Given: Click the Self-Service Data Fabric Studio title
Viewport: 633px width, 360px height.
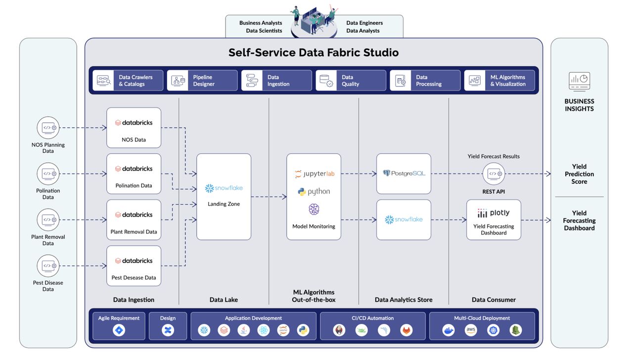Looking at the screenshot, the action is tap(314, 52).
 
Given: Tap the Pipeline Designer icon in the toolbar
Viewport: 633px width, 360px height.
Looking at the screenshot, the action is tap(178, 81).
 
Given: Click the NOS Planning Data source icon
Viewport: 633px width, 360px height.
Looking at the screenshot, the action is tap(48, 128).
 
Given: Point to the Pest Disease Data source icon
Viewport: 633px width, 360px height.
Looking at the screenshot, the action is tap(48, 266).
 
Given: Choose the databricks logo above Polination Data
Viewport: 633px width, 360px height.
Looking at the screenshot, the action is tap(134, 169).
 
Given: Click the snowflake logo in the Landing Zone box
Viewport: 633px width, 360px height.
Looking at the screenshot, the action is tap(224, 188).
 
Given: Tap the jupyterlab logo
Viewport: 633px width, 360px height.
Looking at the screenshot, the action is tap(314, 174).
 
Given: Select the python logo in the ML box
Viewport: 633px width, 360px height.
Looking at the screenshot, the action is tap(314, 191).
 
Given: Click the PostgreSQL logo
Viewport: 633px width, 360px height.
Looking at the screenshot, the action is tap(404, 173).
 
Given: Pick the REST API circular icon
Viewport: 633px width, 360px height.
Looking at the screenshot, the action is tap(494, 174).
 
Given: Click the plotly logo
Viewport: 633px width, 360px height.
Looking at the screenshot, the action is tap(494, 213).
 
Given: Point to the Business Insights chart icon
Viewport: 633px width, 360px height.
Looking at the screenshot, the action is tap(579, 82).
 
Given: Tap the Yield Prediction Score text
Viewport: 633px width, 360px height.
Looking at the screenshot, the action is tap(579, 174).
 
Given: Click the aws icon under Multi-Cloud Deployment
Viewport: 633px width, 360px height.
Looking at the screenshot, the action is tap(471, 330).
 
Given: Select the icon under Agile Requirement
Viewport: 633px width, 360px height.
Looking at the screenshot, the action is tap(119, 330).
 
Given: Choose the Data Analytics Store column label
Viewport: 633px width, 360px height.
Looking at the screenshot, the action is tap(404, 300).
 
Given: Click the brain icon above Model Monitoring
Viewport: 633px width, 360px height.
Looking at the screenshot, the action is tap(314, 209).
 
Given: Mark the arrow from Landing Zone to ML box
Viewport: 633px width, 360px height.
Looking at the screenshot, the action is tap(269, 197).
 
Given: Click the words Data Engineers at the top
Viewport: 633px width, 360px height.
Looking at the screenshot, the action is tap(364, 23).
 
